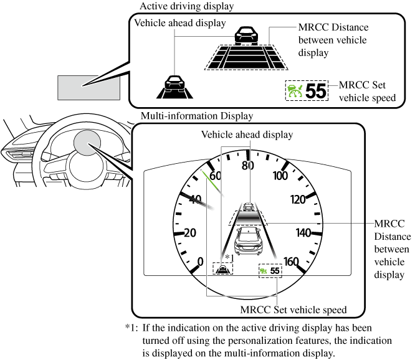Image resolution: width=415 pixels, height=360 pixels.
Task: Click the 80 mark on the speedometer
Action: point(248,166)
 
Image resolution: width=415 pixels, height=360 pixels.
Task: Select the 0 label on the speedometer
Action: point(200,261)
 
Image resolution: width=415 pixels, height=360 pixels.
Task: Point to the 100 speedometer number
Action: point(280,176)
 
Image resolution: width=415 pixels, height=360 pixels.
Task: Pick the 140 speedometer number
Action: point(303,232)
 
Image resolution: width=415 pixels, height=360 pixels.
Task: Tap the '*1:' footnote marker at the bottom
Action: point(131,328)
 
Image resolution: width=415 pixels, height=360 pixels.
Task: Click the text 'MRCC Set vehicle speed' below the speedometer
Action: point(293,310)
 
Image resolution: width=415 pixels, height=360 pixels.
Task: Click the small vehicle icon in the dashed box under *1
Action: point(222,269)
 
